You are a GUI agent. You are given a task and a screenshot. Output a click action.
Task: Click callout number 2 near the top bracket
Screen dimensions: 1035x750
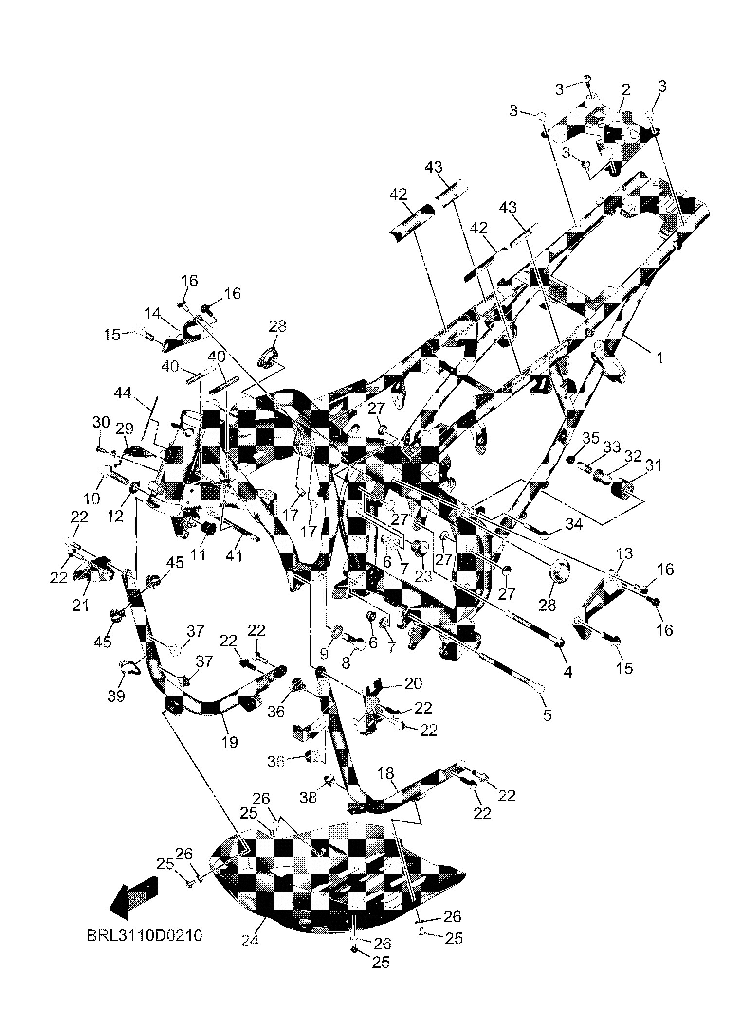coord(625,89)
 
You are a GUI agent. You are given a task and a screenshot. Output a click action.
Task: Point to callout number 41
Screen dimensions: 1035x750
coord(234,555)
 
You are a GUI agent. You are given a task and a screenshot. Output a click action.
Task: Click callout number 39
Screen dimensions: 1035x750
coord(116,696)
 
